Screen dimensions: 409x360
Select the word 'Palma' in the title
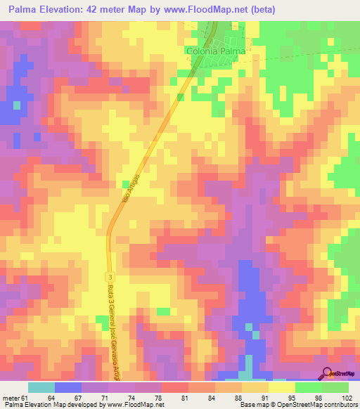(x=26, y=9)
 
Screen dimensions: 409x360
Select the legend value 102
(x=346, y=398)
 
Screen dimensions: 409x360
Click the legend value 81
(x=184, y=398)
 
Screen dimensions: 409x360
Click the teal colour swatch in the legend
(x=41, y=387)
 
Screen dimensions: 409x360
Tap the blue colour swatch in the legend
(x=68, y=387)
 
